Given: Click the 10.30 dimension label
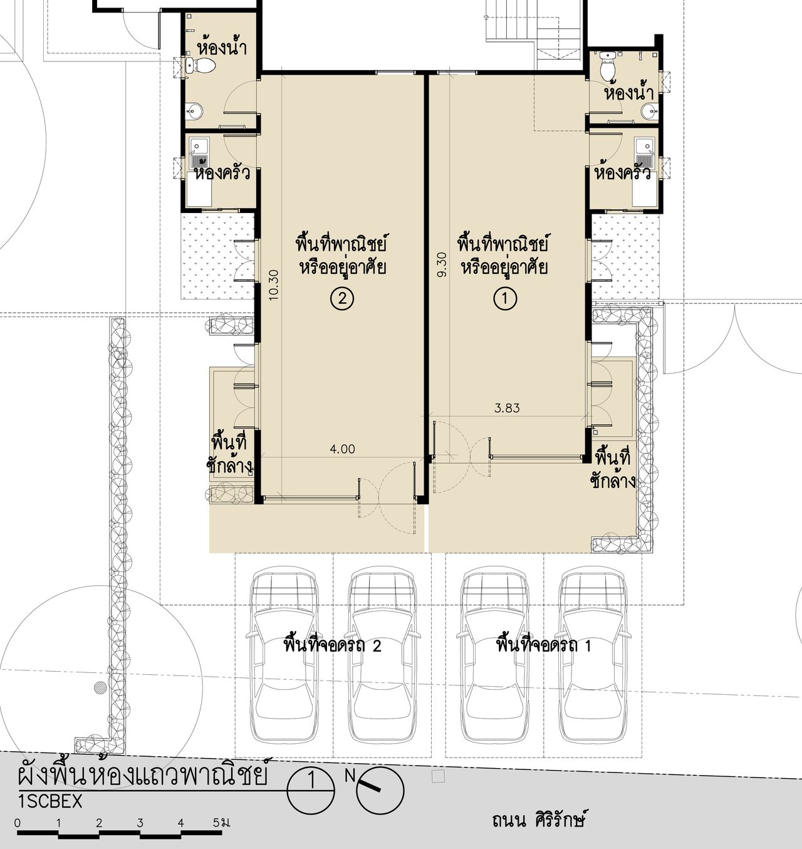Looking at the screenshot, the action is [274, 284].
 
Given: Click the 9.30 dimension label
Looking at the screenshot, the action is [442, 264].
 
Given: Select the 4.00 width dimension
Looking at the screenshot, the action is [343, 449].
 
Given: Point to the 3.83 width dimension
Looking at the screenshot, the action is [507, 409].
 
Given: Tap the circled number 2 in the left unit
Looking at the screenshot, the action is [342, 299].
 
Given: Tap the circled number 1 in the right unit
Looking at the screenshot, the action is [505, 298].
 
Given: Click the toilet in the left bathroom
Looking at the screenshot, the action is [201, 65].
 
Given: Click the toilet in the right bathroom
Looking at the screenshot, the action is [608, 66].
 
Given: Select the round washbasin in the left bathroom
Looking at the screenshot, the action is [194, 111].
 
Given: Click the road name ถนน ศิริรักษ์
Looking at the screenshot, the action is [538, 820].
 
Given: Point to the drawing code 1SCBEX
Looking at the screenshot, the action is [50, 801].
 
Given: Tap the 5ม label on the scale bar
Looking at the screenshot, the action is [221, 822].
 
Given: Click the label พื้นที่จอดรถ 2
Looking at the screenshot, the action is [332, 645].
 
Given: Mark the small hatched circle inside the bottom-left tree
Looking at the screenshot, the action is [101, 687].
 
